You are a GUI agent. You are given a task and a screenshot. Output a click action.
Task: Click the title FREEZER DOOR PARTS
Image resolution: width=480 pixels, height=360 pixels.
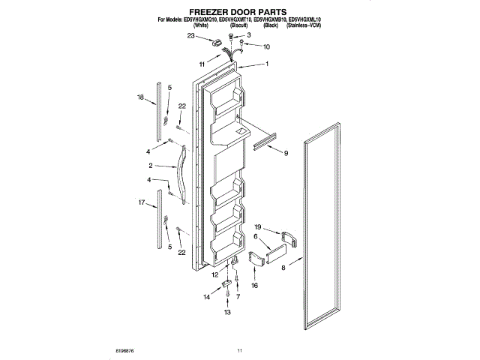click(x=238, y=12)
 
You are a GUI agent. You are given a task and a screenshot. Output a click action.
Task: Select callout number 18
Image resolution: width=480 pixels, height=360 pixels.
click(x=140, y=97)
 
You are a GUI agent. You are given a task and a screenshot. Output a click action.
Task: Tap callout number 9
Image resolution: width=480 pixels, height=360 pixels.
click(x=285, y=153)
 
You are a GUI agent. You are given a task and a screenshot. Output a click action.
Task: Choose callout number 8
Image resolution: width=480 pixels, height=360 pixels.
click(x=283, y=267)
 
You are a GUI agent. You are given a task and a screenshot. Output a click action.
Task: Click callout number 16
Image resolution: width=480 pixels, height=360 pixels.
click(x=254, y=286)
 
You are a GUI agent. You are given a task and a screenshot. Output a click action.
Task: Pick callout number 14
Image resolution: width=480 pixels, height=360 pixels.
click(x=207, y=298)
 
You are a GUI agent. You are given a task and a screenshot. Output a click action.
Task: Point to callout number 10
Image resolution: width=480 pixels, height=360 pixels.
click(x=266, y=46)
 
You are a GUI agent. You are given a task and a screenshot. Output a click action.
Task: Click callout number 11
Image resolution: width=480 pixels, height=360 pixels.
click(x=202, y=64)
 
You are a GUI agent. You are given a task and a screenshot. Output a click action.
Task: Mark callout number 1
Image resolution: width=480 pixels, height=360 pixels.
click(x=266, y=64)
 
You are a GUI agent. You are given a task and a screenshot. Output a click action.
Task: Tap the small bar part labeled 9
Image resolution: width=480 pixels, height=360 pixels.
click(x=266, y=142)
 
